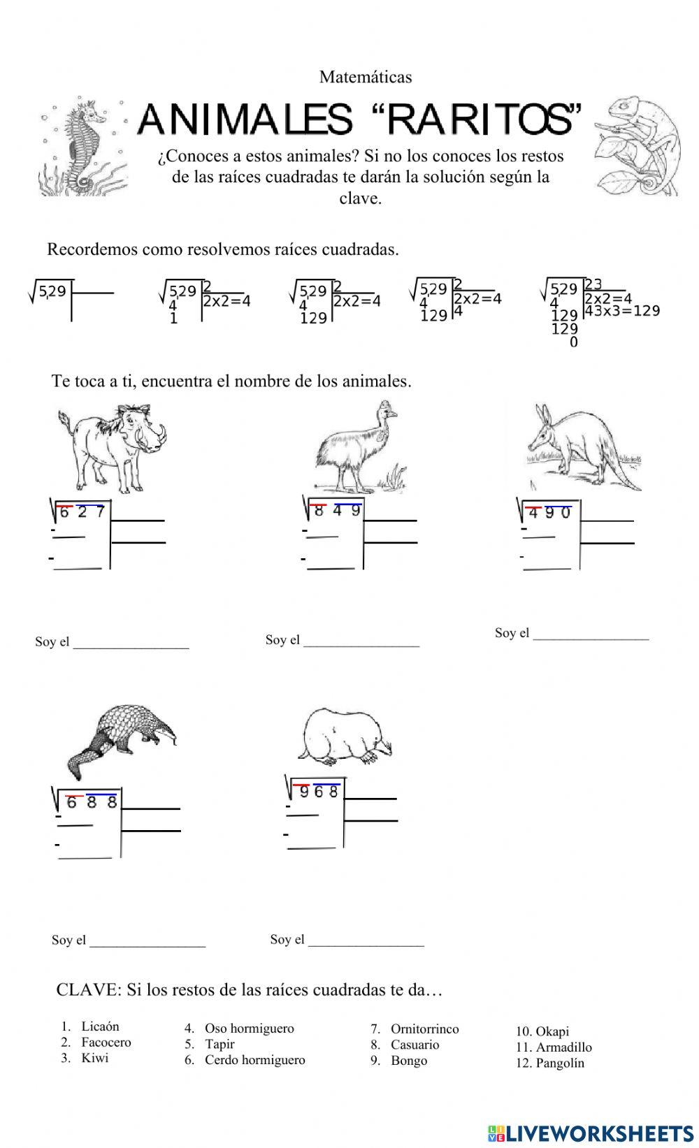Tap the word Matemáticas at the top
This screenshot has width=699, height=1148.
coord(366,77)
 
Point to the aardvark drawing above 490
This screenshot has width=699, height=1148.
coord(579,448)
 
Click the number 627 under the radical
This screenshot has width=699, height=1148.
coord(82,512)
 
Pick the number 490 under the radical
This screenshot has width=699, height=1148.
coord(549,514)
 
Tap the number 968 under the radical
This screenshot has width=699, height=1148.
coord(318,792)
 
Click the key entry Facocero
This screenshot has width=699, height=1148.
coord(106,1042)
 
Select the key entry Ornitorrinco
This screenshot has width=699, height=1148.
coord(424,1029)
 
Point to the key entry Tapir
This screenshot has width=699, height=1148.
coord(219,1044)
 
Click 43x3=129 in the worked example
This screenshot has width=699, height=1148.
coord(622,311)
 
